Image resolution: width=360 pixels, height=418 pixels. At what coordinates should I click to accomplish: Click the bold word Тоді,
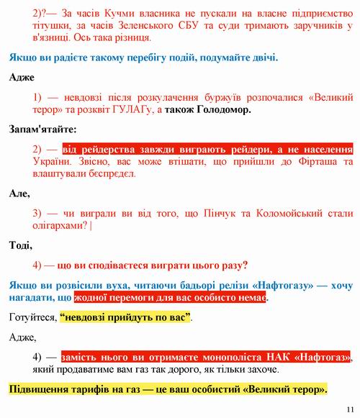click(21, 245)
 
